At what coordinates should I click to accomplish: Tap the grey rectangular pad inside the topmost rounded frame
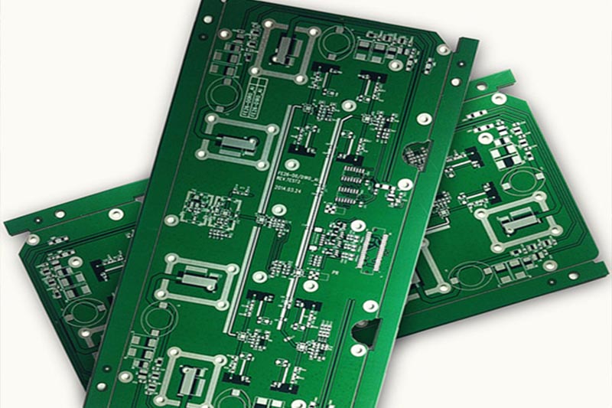[x=286, y=51]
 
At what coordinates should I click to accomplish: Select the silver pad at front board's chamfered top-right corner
[x=442, y=50]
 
